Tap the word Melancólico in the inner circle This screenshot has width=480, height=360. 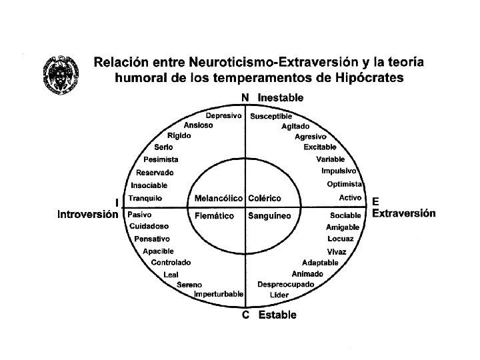[x=219, y=199]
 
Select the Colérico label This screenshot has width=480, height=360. [x=265, y=199]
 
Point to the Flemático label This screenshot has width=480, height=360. [x=215, y=215]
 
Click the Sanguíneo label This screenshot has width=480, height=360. [x=269, y=215]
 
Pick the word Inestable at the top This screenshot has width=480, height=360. [x=280, y=97]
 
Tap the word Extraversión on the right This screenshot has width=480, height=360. [x=404, y=213]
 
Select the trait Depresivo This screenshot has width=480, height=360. [x=223, y=116]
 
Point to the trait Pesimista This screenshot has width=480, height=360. [x=161, y=159]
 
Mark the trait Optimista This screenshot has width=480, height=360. [x=344, y=184]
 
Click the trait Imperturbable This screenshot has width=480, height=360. [x=218, y=294]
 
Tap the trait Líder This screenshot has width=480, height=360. [x=279, y=294]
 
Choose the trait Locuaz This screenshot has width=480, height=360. [x=341, y=239]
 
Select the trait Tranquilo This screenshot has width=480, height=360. [x=145, y=198]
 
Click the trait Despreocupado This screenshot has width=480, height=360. [x=290, y=284]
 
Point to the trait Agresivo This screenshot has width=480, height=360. [x=311, y=136]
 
